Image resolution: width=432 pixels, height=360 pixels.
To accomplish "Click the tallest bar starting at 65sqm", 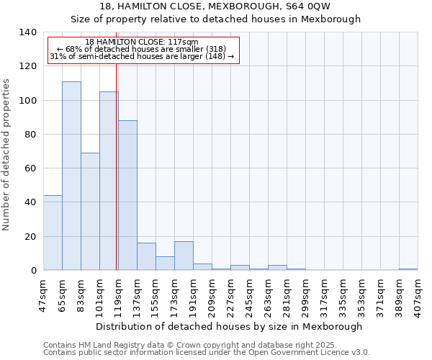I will click(x=71, y=176).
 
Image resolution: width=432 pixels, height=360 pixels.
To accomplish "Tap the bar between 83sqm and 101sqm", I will click(x=90, y=212).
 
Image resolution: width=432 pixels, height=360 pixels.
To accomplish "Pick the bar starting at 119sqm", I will click(x=127, y=195).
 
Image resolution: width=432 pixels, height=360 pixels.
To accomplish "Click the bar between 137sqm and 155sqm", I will click(x=146, y=256).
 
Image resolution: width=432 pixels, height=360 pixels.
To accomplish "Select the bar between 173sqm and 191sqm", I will click(x=184, y=256).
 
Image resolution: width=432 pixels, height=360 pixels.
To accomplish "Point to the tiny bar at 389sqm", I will click(x=408, y=269).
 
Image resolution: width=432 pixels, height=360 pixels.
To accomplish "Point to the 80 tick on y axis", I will click(x=30, y=135).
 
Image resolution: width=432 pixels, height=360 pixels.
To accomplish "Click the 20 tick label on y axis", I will click(x=30, y=237).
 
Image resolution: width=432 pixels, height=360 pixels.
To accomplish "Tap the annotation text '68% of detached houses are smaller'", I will click(x=142, y=49).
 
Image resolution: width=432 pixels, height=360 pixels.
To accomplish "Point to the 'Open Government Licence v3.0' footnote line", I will click(x=207, y=353).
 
